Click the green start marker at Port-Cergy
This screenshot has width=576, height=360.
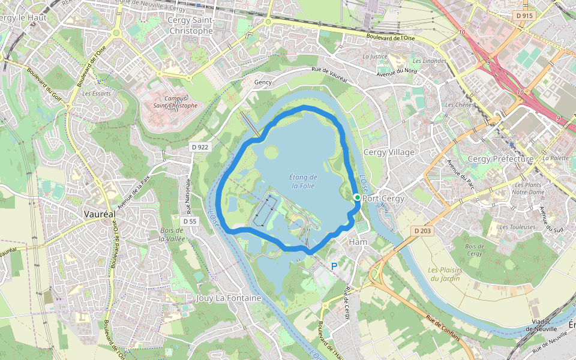tap(357, 197)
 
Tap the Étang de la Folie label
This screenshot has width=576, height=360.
tap(303, 181)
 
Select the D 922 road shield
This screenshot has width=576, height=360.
tap(199, 147)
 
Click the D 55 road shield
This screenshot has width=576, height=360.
tap(190, 221)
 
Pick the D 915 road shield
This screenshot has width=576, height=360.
tap(523, 16)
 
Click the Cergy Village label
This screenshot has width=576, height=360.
tap(389, 152)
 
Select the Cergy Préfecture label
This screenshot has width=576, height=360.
tap(500, 159)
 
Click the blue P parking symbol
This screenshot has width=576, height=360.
tap(334, 265)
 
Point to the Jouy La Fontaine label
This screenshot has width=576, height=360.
tap(229, 298)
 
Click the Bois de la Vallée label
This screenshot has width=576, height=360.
tap(171, 235)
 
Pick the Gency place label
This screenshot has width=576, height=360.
tap(263, 82)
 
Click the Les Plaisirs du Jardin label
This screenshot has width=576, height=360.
tap(444, 274)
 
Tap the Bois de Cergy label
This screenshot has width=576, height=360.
tap(474, 250)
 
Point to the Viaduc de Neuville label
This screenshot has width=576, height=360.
tap(542, 325)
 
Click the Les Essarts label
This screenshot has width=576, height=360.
tap(96, 94)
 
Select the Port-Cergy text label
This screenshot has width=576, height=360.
tap(383, 199)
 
